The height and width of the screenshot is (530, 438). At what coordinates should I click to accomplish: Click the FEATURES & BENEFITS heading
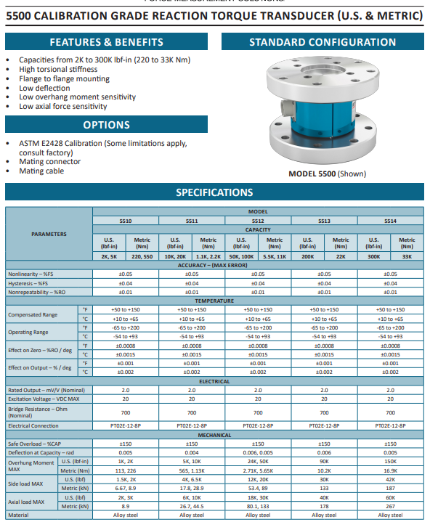tap(107, 42)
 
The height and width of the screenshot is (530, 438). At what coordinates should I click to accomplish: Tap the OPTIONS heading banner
tap(107, 125)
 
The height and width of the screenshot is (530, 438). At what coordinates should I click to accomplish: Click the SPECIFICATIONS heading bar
tap(214, 192)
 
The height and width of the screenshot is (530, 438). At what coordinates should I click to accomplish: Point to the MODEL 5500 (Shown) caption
tap(327, 174)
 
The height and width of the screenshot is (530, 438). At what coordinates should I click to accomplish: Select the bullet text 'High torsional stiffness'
tap(58, 70)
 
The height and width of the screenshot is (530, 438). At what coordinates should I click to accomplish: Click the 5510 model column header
tap(125, 220)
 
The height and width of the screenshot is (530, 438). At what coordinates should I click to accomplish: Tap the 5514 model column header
tap(390, 220)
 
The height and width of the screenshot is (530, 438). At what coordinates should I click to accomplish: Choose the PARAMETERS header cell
tap(49, 234)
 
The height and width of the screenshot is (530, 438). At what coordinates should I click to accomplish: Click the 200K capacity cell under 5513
tap(308, 256)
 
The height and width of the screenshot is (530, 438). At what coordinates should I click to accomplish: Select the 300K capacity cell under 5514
tap(374, 256)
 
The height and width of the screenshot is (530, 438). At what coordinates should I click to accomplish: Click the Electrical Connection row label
tap(33, 425)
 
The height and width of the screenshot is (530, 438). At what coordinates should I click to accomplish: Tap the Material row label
tap(18, 515)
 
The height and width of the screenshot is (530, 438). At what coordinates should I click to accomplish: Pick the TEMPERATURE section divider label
tap(214, 301)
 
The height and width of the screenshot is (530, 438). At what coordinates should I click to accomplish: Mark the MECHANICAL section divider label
tap(214, 435)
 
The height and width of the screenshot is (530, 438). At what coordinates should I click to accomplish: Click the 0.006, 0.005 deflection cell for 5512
tap(258, 452)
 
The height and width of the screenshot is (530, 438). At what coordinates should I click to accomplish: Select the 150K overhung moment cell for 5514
tap(390, 461)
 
